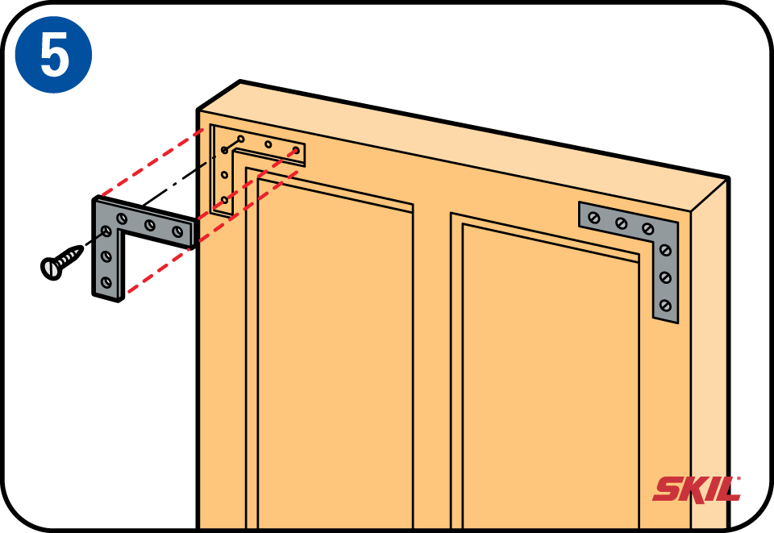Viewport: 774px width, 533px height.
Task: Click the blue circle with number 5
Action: coord(53,54)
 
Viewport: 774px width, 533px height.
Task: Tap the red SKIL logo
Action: coord(697,489)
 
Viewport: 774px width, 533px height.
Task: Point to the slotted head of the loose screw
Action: coord(50,269)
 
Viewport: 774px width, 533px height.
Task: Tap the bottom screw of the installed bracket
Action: coord(665,306)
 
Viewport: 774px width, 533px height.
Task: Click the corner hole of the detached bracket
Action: coord(106,231)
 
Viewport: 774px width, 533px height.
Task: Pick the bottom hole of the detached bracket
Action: coord(106,283)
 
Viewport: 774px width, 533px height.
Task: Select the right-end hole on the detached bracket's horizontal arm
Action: coord(177,231)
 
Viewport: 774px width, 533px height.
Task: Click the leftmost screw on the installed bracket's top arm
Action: coord(594,217)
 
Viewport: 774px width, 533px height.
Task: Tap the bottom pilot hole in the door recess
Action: coord(225,200)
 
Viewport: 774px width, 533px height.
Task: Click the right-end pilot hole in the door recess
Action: coord(296,150)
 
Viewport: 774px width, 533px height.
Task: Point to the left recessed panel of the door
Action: coord(335,356)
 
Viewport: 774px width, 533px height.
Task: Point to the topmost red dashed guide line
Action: coord(151,164)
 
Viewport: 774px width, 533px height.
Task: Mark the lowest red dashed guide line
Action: coord(213,231)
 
